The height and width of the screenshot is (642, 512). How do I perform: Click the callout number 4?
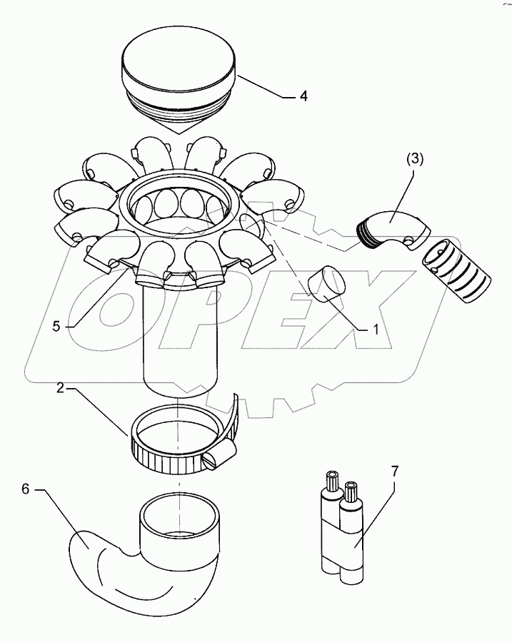click(304, 96)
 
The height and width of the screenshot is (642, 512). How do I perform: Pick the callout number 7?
click(395, 472)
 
